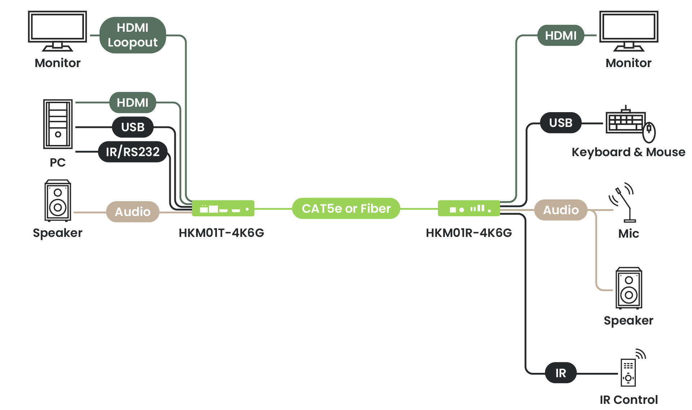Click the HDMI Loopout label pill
133,35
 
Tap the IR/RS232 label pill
133,152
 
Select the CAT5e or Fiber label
346,208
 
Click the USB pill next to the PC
133,127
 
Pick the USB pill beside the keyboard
561,123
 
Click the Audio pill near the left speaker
133,212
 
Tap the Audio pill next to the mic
561,210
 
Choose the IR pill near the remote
561,373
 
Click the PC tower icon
58,124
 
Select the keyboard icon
625,121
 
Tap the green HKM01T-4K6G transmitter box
223,208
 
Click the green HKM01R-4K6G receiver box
469,208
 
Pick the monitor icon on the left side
58,30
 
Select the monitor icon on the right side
629,30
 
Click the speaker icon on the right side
629,288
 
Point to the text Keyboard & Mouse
628,152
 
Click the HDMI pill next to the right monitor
561,35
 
